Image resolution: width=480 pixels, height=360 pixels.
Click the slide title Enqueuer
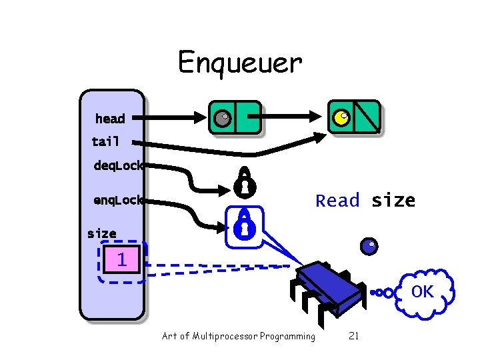[x=239, y=63]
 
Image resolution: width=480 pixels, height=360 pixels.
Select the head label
[x=110, y=119]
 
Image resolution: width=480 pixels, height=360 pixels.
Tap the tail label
[x=106, y=141]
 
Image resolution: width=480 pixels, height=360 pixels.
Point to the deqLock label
[x=118, y=166]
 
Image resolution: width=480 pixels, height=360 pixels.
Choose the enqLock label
[x=118, y=199]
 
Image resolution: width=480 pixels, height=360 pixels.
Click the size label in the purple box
[x=101, y=233]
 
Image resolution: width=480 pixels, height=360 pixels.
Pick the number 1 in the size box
[x=121, y=259]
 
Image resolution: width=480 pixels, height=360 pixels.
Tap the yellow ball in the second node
[x=341, y=118]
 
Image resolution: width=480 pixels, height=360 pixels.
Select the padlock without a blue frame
[x=244, y=182]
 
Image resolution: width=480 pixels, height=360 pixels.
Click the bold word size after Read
[x=393, y=201]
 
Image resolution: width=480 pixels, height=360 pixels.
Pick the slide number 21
[x=353, y=336]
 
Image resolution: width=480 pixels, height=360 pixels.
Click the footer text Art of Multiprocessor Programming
[x=238, y=336]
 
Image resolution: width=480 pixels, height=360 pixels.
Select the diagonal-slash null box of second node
[x=367, y=117]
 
